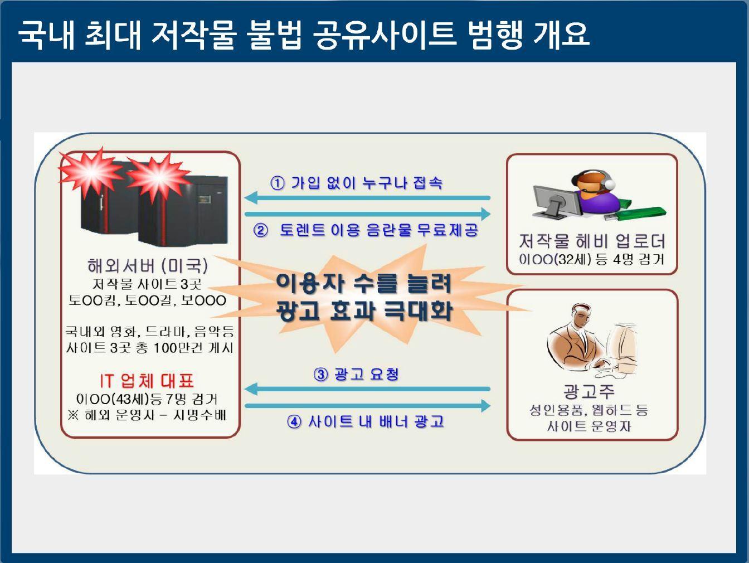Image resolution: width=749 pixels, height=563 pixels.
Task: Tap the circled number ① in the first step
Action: pos(277,183)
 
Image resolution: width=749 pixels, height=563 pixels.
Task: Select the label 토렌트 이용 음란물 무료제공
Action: pos(378,230)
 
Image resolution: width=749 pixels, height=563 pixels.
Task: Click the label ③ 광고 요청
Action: pos(357,374)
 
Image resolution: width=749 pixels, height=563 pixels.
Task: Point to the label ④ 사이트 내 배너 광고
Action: pos(366,421)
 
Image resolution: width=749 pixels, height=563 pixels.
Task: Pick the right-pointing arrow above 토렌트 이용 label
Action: pos(368,214)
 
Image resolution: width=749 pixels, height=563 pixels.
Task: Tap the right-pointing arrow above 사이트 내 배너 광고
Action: pos(368,406)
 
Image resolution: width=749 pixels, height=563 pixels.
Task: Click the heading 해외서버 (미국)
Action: pos(148,265)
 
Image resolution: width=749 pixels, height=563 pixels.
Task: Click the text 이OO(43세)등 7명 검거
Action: pos(147,399)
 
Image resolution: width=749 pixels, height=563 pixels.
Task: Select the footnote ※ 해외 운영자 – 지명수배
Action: pos(147,415)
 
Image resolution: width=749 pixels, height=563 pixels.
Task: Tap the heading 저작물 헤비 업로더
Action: pos(592,241)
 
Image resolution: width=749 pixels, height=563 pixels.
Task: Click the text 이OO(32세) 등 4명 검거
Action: pos(591,259)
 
